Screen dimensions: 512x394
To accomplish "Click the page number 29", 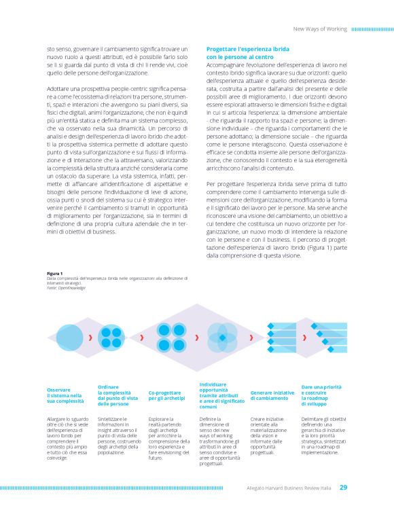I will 344,487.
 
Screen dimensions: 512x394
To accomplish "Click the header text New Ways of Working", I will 319,29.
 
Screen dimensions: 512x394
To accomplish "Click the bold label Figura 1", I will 54,274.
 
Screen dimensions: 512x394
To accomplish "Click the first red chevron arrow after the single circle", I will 90,337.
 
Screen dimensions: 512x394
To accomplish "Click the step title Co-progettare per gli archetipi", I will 167,394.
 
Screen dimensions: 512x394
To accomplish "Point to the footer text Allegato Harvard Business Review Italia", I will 287,487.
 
